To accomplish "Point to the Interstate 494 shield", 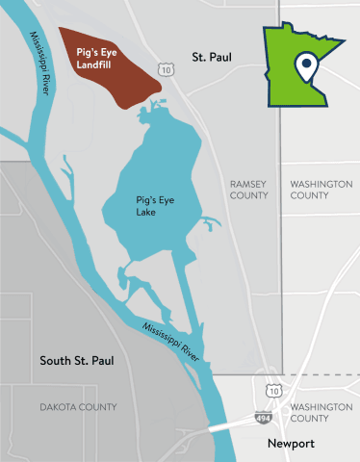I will (263, 419).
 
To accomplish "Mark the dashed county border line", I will (318, 374).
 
